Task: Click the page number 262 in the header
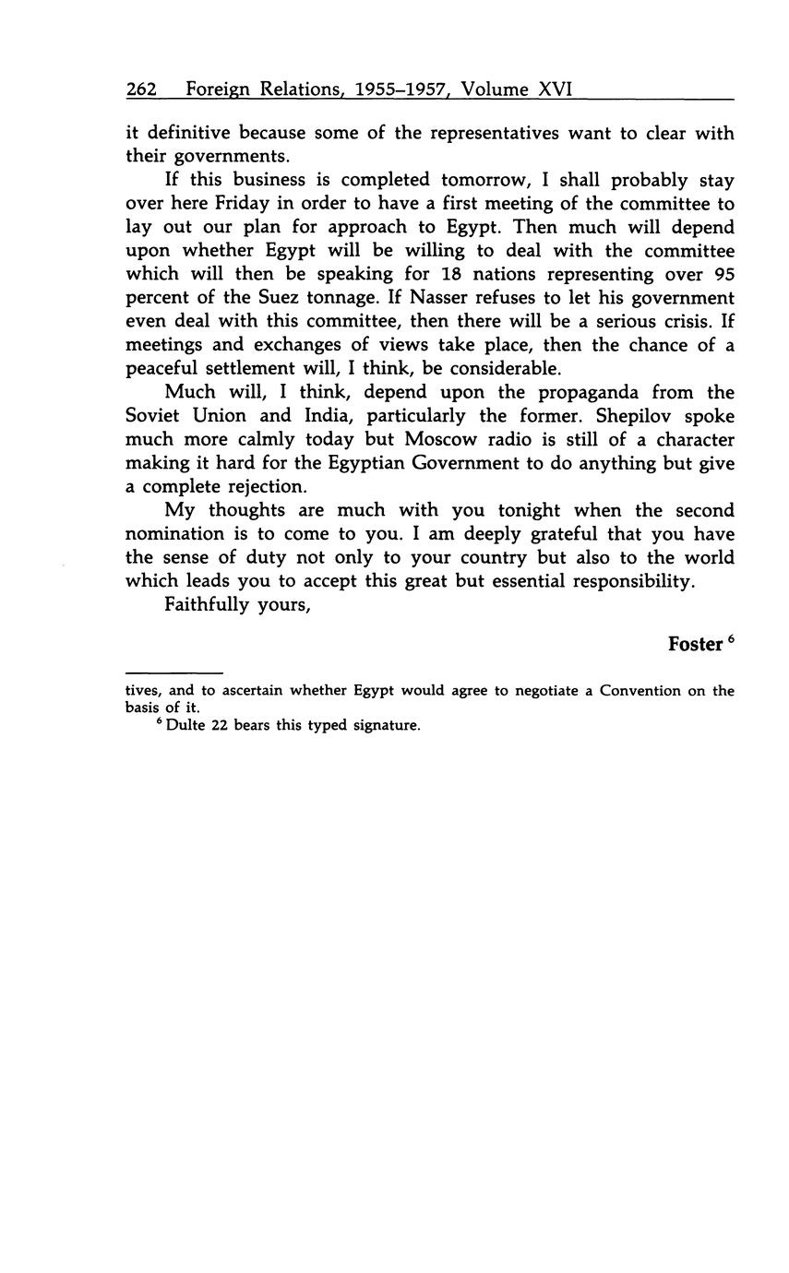pos(141,89)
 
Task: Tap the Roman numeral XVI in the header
pos(556,89)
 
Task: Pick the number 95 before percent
pos(723,275)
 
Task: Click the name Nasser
pos(420,299)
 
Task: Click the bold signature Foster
pos(695,645)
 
